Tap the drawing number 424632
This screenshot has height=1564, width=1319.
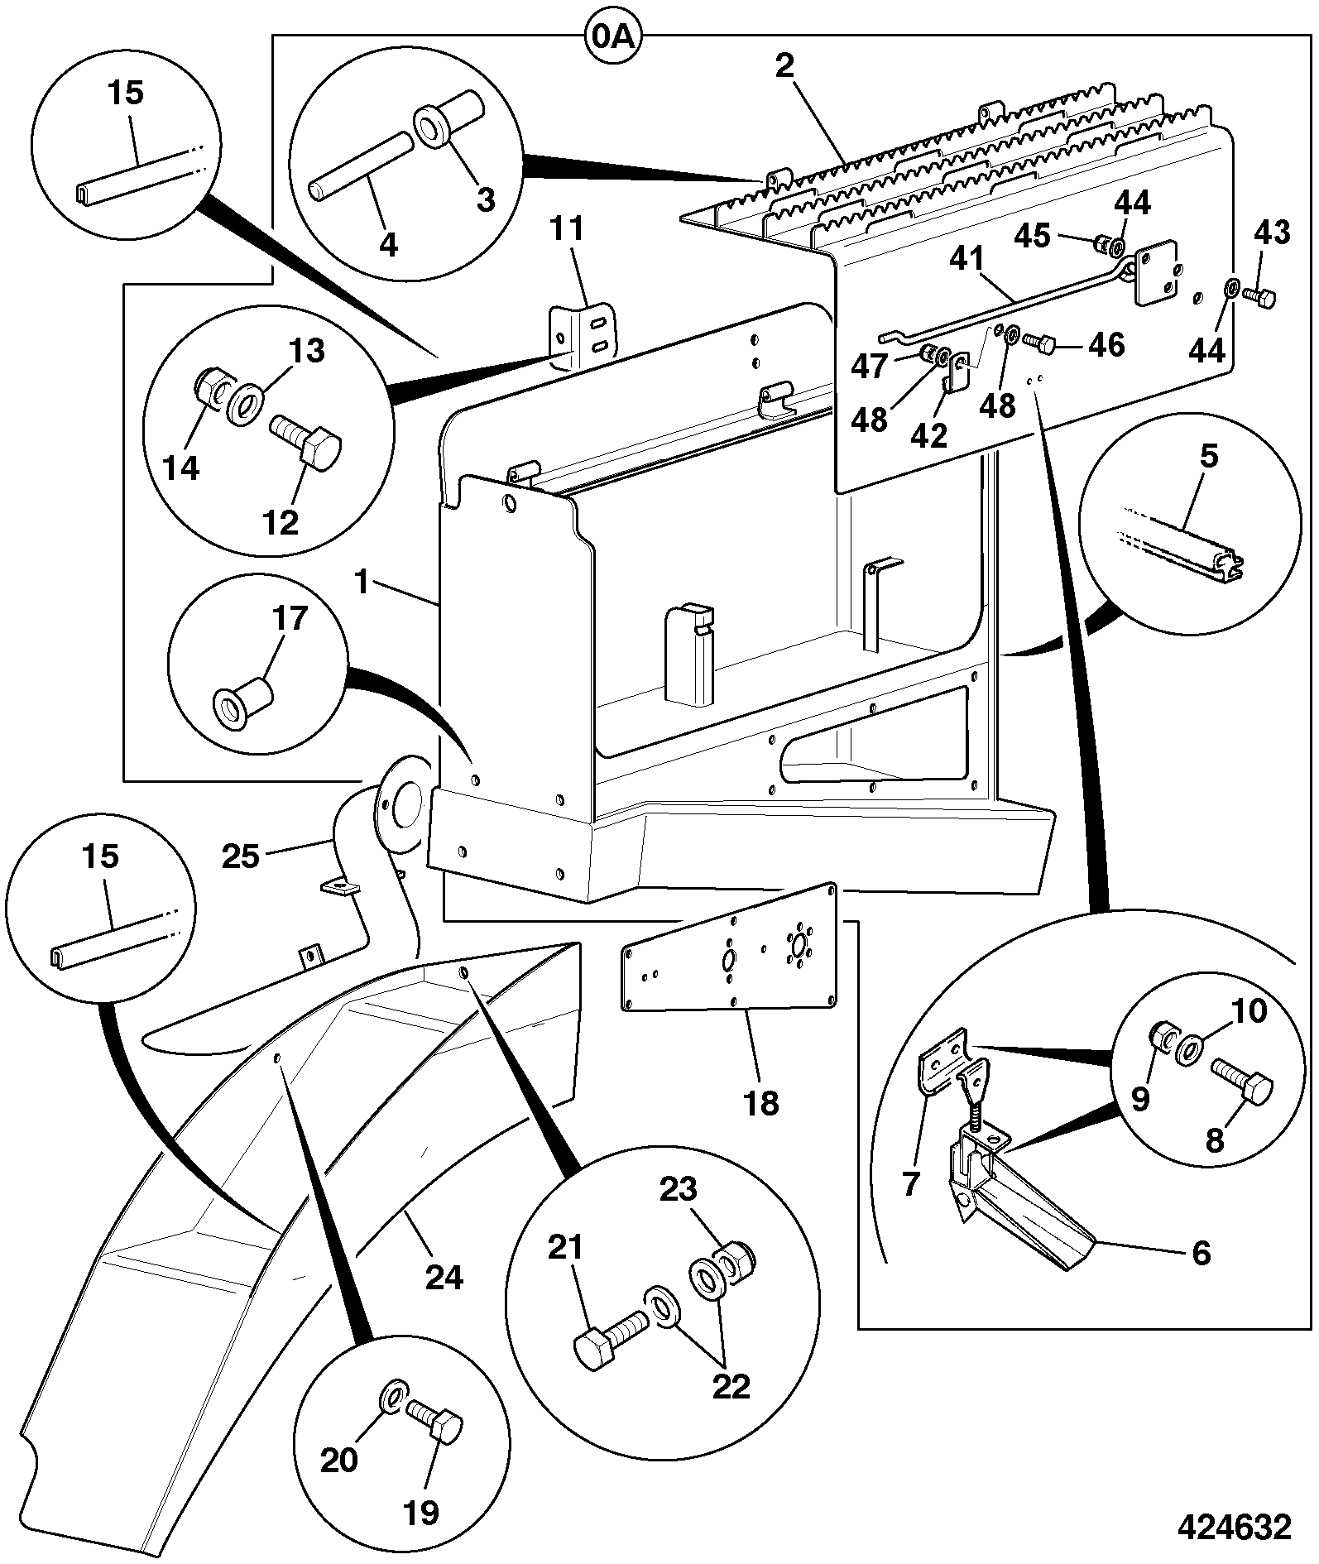click(x=1234, y=1527)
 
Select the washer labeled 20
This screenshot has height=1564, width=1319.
click(x=393, y=1398)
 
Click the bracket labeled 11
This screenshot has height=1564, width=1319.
click(x=584, y=338)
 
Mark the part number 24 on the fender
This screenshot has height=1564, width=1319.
click(x=444, y=1277)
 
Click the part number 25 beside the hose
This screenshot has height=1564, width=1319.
click(x=241, y=855)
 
